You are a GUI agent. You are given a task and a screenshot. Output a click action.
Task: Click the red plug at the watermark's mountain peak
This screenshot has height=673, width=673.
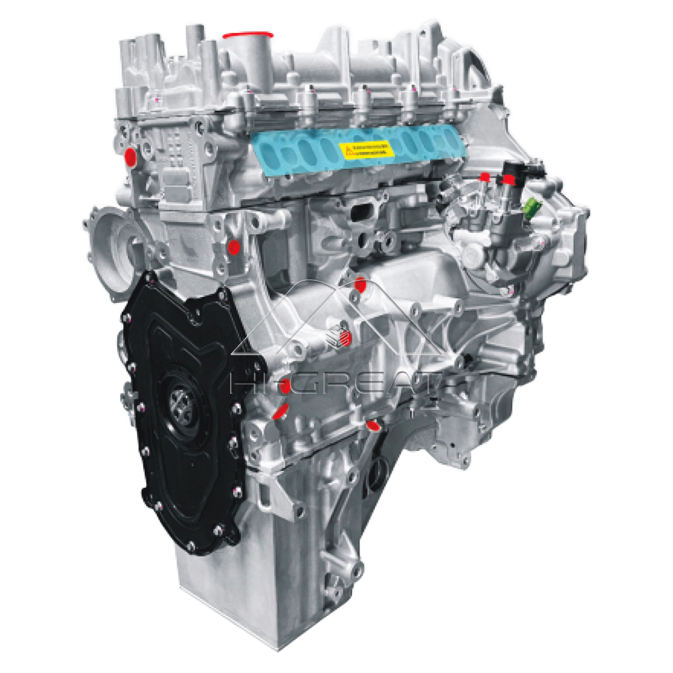pyautogui.click(x=361, y=283)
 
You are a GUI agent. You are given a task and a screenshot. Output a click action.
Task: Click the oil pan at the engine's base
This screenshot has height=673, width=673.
pyautogui.click(x=222, y=592)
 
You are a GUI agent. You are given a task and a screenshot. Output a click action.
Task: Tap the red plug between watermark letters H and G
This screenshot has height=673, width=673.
pyautogui.click(x=285, y=385)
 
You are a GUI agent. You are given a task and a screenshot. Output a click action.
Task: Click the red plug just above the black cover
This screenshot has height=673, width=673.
pyautogui.click(x=234, y=247)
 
